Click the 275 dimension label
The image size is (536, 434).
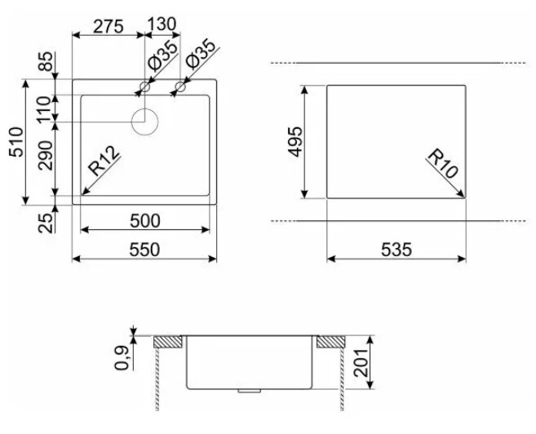pos(108,26)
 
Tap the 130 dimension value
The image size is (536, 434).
pos(162,24)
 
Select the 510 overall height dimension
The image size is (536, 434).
pos(16,142)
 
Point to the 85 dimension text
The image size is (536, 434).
pos(46,61)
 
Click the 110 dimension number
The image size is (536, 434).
pos(44,110)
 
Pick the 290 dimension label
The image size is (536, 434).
pos(46,156)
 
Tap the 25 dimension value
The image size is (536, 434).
pos(46,224)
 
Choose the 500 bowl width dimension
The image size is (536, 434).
pos(145,221)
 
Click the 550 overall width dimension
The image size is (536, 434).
pos(144,250)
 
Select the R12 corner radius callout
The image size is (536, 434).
pos(104,161)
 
